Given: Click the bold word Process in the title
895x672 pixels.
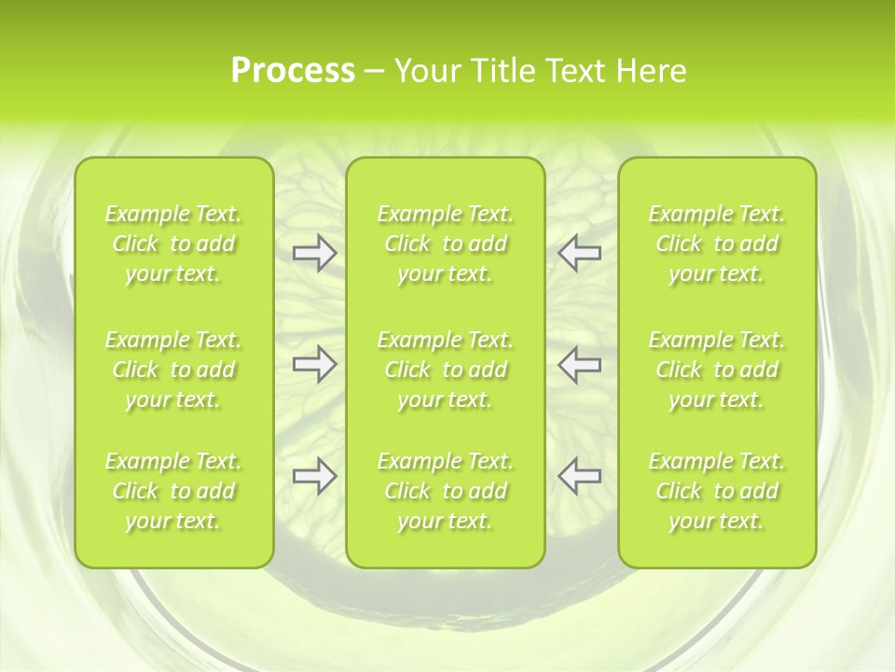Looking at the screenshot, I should [x=293, y=71].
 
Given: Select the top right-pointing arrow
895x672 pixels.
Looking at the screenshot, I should [x=314, y=253].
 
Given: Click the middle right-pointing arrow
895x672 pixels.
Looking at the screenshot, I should [x=314, y=364].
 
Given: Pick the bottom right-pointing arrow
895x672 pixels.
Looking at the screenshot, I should [x=314, y=476].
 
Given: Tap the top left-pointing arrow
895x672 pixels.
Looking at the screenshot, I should [x=580, y=253].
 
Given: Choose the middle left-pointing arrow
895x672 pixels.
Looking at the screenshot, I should [x=580, y=364].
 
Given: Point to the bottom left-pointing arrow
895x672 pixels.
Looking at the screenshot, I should [x=580, y=476].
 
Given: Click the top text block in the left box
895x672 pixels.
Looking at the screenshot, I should [x=173, y=244].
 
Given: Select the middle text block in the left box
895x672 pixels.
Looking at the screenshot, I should [x=173, y=370].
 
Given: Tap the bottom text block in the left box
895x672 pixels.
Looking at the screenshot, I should [x=173, y=491].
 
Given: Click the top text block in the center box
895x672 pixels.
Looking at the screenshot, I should [x=446, y=244].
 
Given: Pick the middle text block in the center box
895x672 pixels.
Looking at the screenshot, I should [x=446, y=370].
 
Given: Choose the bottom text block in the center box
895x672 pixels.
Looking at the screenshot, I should [x=446, y=491].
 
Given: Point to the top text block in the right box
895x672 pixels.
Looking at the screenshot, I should [x=717, y=244].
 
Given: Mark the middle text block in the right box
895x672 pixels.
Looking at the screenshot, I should [x=717, y=370].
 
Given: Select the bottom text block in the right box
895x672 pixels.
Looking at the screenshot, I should [x=717, y=491].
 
